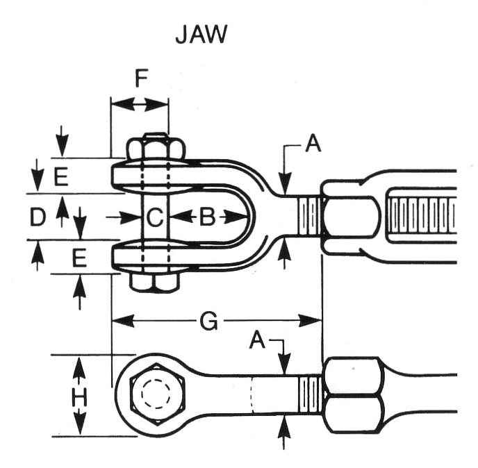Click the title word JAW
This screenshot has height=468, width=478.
tap(201, 35)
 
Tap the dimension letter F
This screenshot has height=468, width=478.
tap(141, 78)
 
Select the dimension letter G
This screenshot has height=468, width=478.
tap(208, 321)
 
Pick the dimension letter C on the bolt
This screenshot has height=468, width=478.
tap(154, 217)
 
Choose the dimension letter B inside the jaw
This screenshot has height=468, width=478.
tap(207, 217)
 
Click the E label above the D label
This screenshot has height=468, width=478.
tap(61, 178)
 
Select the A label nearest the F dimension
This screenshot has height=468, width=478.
tap(313, 144)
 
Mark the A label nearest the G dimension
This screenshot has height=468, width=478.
tap(258, 340)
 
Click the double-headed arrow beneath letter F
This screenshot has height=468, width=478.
tap(140, 104)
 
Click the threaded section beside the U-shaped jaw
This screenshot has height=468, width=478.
tap(312, 216)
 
